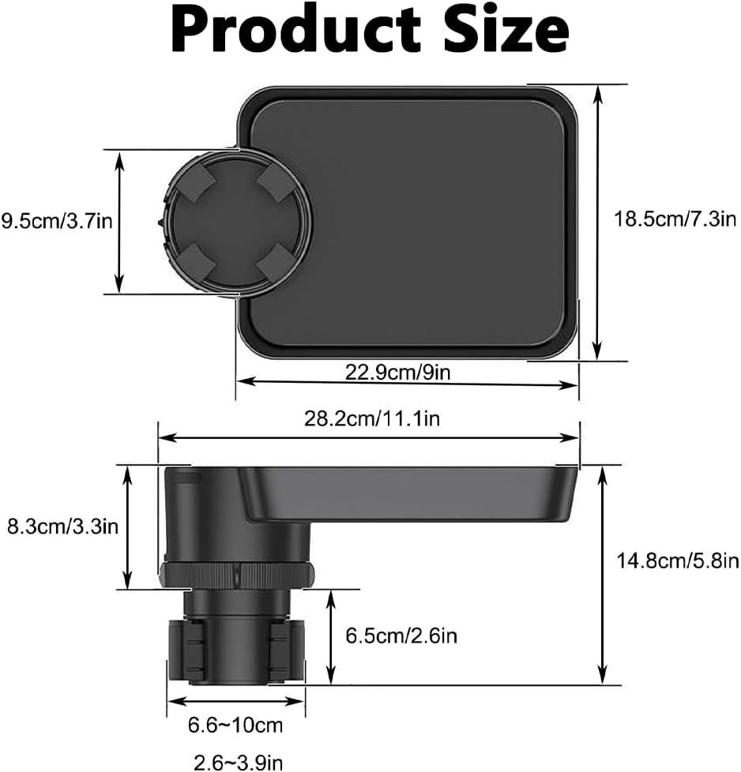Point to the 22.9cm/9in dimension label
397,372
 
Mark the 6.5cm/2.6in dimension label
401,634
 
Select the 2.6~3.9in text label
238,762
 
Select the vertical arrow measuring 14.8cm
604,575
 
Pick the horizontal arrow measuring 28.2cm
369,437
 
